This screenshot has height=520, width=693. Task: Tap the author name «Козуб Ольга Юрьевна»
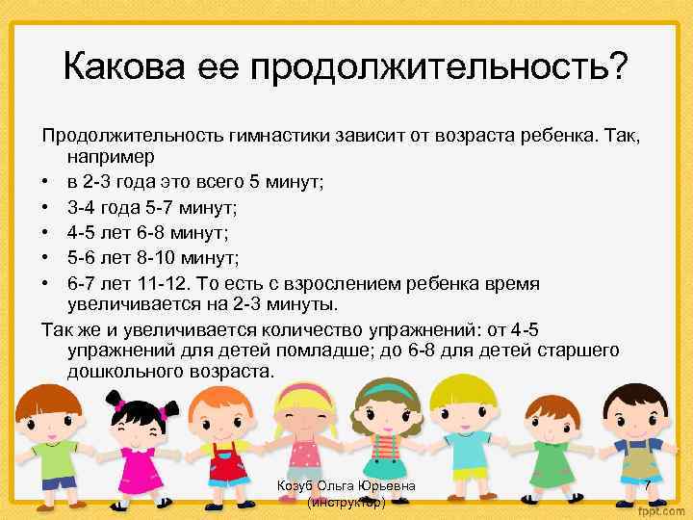click(346, 486)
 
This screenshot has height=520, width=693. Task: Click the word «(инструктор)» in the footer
click(346, 503)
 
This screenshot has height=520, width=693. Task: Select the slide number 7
click(648, 487)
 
